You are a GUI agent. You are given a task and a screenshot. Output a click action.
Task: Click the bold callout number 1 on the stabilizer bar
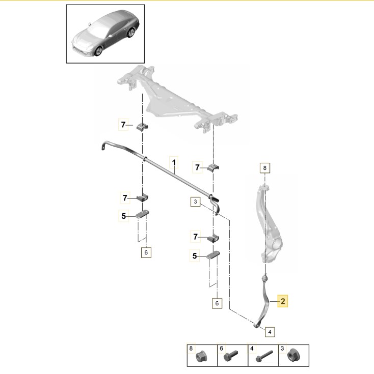(174, 163)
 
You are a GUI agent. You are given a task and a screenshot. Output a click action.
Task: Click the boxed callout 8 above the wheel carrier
(264, 167)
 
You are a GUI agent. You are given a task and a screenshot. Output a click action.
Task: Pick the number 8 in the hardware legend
(191, 349)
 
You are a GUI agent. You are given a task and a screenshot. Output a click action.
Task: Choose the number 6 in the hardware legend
(222, 349)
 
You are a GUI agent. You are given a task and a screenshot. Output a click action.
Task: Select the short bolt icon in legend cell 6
(229, 358)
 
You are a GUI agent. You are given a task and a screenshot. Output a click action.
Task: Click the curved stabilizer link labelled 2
(265, 300)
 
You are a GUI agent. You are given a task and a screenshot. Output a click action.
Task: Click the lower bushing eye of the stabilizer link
(256, 324)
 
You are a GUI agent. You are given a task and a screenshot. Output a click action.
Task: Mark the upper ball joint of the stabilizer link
(264, 279)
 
